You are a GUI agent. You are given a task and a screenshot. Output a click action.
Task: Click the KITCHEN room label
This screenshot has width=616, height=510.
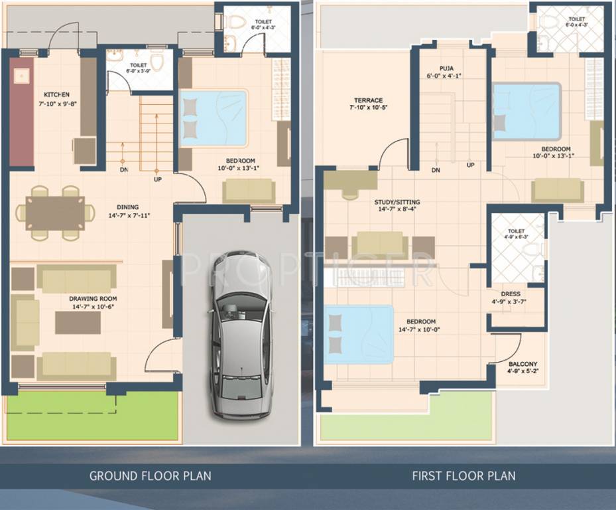click(56, 95)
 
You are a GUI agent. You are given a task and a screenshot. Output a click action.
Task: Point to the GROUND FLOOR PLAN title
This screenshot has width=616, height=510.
click(150, 475)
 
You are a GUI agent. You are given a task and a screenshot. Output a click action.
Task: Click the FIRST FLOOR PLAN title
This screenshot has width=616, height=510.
click(463, 475)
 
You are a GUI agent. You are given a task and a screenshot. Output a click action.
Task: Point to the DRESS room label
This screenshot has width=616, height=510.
click(511, 294)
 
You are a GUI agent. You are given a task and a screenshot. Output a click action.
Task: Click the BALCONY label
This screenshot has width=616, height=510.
click(523, 364)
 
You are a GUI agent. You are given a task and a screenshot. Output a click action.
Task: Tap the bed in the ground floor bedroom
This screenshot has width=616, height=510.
click(214, 118)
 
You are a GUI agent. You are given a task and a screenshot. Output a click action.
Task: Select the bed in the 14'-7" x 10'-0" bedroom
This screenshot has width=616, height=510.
click(359, 334)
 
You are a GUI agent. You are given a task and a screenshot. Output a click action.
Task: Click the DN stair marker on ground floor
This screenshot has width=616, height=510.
click(123, 169)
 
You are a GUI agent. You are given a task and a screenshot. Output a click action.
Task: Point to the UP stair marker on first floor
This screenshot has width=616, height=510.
click(470, 165)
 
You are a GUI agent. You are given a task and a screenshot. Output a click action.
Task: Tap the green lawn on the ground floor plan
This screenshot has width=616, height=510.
click(93, 416)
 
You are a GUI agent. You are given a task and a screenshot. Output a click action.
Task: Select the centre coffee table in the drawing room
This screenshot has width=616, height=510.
click(78, 323)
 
